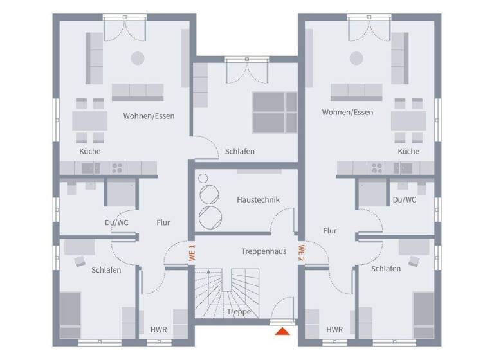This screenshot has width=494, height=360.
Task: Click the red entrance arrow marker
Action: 281,332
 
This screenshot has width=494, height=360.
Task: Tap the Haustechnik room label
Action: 258,200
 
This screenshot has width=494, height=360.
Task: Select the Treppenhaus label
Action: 264,251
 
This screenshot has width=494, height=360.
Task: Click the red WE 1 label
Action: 191,252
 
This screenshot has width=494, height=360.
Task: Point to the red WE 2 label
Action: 300,252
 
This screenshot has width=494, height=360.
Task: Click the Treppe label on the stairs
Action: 238,312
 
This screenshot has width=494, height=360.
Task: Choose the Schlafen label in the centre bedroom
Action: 240,152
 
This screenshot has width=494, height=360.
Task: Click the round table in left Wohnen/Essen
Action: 138,58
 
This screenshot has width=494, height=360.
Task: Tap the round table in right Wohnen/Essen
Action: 356,58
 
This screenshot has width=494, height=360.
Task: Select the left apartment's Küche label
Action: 90,152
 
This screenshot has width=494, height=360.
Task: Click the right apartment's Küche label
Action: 408,152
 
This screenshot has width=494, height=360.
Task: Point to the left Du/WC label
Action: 116,222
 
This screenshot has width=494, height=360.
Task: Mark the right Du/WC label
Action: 405,200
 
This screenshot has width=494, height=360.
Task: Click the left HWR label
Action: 158,330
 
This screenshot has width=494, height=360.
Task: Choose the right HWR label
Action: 334,330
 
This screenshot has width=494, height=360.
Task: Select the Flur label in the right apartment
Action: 330,230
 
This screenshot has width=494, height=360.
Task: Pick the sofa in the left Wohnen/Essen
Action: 138,91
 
